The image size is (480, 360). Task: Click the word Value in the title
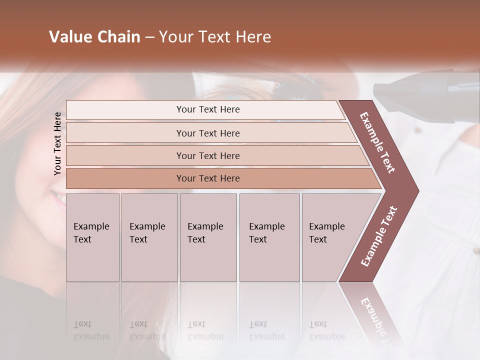pos(69,37)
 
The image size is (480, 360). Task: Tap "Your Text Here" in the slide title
pos(215,37)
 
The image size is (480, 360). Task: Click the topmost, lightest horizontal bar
pos(205,109)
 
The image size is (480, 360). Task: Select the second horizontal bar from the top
pos(210,133)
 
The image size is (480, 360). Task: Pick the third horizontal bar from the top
pos(215,155)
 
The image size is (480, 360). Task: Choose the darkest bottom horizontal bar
pos(220,178)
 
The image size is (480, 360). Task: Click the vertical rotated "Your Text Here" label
pos(57,143)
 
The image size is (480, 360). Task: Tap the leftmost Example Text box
pos(92,237)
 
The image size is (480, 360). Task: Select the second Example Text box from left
pos(149,237)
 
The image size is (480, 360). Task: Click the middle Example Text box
pos(208,237)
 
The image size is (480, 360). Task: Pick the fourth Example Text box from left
pos(269,237)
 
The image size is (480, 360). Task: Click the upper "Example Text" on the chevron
pos(377,142)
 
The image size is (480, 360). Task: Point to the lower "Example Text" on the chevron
pos(379,236)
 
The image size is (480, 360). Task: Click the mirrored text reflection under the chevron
pos(375,315)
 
